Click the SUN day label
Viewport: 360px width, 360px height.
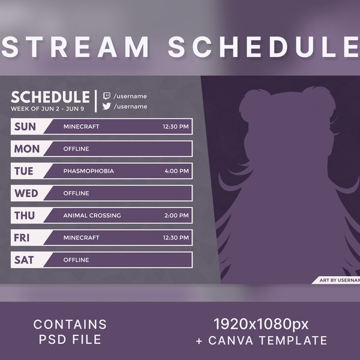point(25,127)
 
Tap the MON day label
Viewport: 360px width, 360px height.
point(27,149)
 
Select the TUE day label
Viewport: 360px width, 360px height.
point(24,171)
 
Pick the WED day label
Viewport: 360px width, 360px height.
point(26,193)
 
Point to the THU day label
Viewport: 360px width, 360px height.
point(25,215)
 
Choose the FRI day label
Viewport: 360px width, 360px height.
point(22,238)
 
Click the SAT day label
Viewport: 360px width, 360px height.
point(24,260)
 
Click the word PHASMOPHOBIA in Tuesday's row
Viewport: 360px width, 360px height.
point(88,171)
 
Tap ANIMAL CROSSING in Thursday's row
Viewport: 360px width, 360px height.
point(92,215)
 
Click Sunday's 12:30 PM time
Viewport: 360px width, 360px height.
point(175,127)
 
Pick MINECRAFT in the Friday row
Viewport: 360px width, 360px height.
point(81,238)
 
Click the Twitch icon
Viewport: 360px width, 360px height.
point(107,96)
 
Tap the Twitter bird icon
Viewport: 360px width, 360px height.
point(107,106)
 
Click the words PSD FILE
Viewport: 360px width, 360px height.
point(70,340)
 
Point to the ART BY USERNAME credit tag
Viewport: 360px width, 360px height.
point(337,280)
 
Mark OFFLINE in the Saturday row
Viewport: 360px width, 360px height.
point(76,260)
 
